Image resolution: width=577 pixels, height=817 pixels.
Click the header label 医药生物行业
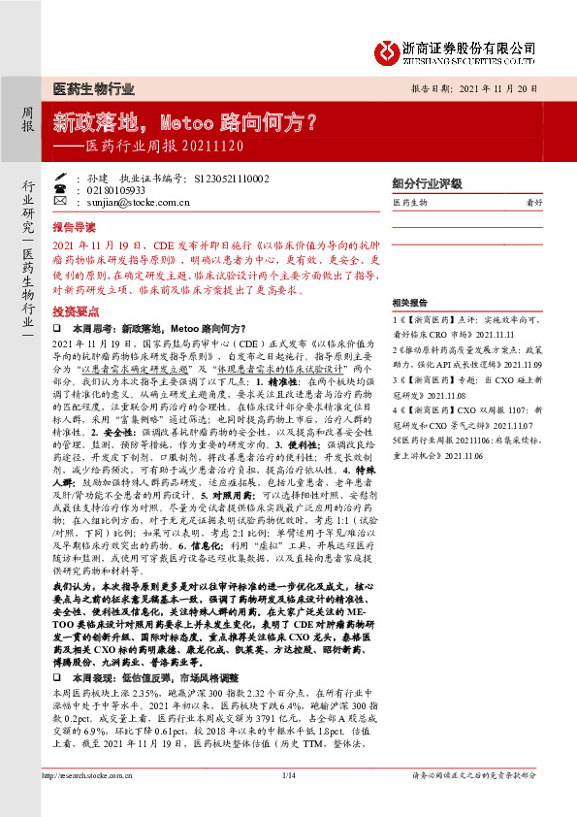tap(93, 88)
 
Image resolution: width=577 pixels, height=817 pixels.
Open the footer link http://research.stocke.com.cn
tap(92, 775)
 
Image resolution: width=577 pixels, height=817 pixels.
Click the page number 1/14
tap(288, 775)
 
